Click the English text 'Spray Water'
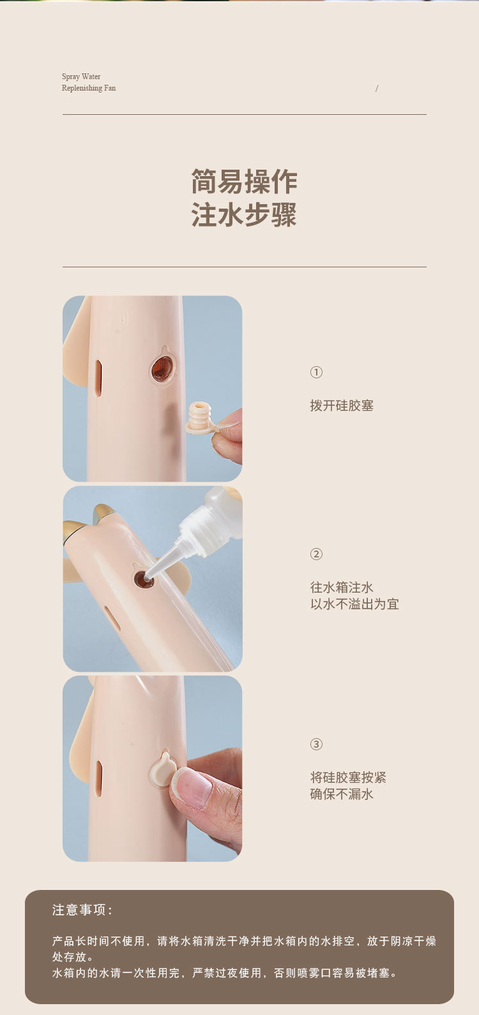81,76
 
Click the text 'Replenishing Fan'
89,88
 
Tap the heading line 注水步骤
244,214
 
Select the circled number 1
316,373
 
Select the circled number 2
316,554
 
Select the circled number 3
316,745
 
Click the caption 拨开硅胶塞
342,406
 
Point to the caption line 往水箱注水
342,588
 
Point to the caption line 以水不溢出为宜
354,604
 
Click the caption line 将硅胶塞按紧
348,778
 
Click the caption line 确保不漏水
342,794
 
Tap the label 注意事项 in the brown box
80,910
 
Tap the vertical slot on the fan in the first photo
98,378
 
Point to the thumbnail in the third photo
194,788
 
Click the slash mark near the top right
377,89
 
